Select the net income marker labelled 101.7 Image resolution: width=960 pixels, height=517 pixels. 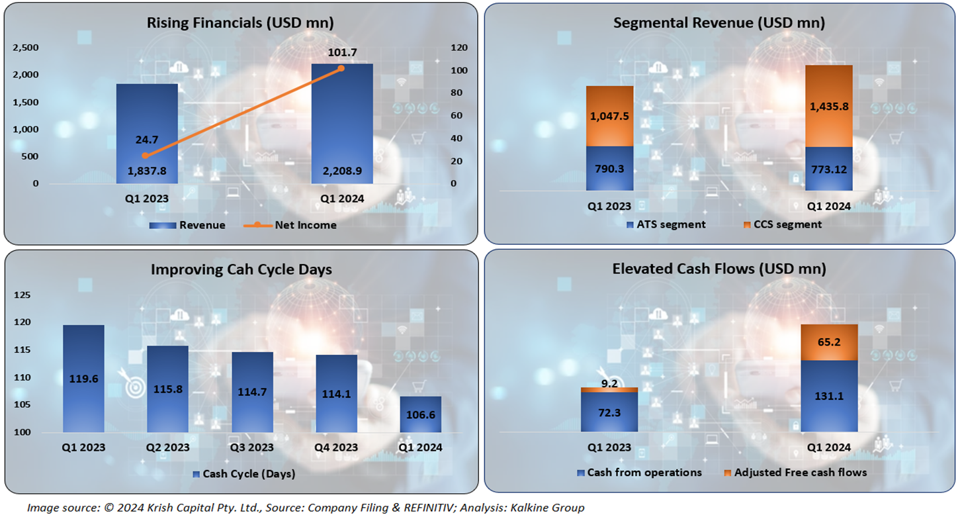click(x=341, y=68)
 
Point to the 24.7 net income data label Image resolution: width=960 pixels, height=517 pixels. click(x=146, y=140)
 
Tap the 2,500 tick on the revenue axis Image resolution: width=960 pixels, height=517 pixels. click(x=26, y=48)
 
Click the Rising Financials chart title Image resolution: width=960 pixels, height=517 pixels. click(x=240, y=23)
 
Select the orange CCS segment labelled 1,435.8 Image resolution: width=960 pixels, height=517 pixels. click(x=828, y=106)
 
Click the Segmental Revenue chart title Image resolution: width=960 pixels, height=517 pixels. click(x=719, y=23)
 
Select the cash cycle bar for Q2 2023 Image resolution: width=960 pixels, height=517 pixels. click(x=167, y=389)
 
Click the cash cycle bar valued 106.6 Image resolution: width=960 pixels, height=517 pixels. click(x=421, y=414)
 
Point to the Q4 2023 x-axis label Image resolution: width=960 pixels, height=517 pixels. click(x=336, y=447)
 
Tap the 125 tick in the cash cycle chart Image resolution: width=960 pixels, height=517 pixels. click(x=30, y=295)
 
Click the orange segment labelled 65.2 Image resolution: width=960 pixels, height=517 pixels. click(x=828, y=342)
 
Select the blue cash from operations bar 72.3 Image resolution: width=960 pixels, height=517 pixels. click(x=609, y=412)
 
